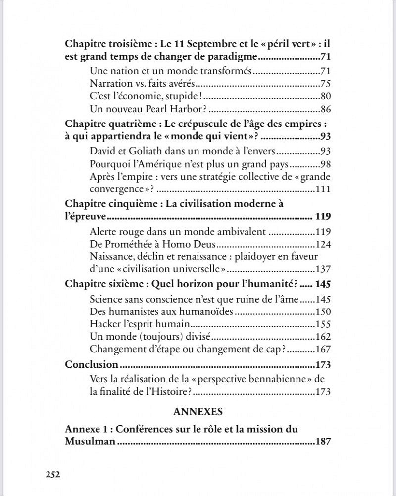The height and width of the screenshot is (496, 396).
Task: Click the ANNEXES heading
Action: click(x=198, y=411)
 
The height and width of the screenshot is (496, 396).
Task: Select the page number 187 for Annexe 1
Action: click(x=322, y=441)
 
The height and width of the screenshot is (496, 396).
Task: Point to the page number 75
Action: click(x=325, y=83)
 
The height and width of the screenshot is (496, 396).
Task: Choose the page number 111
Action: click(x=323, y=189)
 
